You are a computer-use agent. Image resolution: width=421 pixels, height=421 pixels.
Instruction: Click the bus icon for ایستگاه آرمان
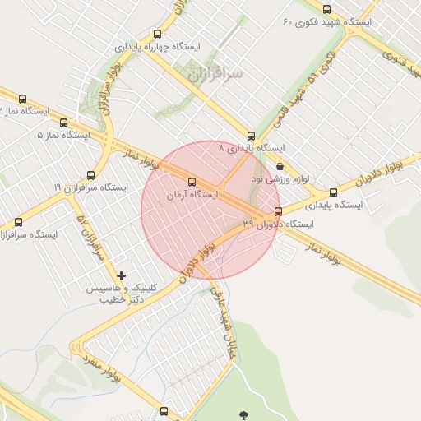pos(192,182)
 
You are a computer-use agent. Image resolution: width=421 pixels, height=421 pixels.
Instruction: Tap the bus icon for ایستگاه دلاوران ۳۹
pos(278,210)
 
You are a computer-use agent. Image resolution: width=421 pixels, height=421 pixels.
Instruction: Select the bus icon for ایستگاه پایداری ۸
pos(252,136)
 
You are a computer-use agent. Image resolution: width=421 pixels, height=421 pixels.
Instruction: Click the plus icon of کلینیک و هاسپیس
pos(123,275)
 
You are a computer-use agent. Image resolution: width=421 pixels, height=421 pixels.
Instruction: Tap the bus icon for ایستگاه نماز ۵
pos(63,123)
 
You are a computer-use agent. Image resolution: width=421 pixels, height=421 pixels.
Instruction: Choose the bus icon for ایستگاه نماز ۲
pos(22,99)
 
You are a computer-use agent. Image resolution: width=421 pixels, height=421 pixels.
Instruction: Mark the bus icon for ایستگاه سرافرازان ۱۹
pos(90,175)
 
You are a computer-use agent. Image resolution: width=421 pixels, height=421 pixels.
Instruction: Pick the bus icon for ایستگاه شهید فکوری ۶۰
pos(327,10)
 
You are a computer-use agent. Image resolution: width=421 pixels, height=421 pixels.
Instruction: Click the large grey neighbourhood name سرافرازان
pos(215,75)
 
